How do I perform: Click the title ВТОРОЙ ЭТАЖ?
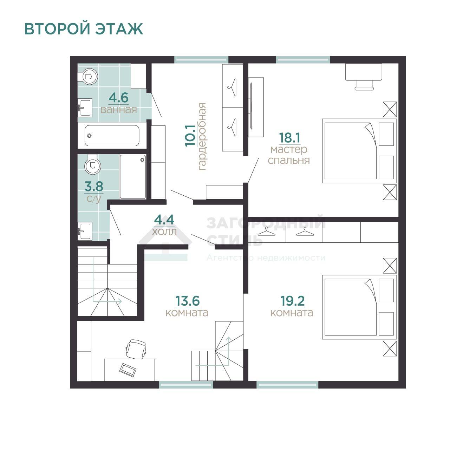tap(84, 29)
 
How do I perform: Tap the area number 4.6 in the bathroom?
tap(119, 98)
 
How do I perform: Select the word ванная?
tap(119, 110)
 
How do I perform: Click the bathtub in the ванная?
tap(112, 136)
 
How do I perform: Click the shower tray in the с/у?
tap(133, 177)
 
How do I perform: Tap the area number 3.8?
tap(94, 187)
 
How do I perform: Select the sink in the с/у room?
tap(85, 231)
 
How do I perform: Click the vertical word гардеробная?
tap(202, 137)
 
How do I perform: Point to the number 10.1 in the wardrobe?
tap(190, 136)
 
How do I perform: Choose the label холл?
tap(164, 232)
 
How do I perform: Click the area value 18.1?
tap(289, 138)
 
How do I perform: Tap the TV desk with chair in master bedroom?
tap(364, 77)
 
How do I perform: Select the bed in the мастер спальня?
tap(359, 151)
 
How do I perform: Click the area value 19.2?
tap(293, 301)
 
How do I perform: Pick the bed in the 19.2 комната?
tap(359, 307)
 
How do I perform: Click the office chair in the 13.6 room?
tap(136, 348)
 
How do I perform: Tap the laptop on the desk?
tap(128, 370)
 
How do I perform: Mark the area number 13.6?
tap(188, 301)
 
